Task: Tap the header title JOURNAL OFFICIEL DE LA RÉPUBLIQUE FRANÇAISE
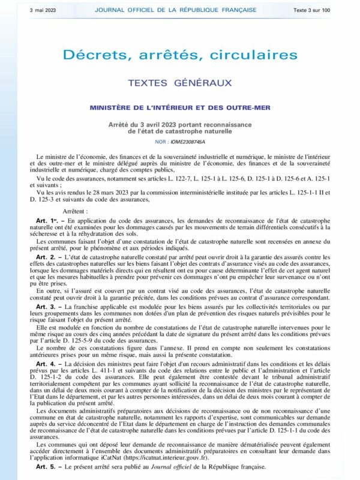[x=176, y=10]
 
